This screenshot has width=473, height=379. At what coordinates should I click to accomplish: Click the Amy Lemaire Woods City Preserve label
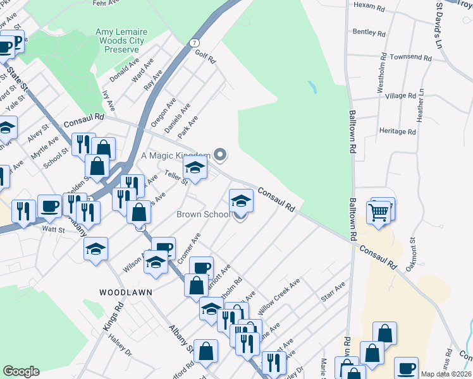pos(120,40)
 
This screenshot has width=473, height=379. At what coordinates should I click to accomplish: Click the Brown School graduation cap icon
pos(240,201)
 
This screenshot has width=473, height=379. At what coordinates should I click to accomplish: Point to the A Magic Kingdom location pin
pos(220,153)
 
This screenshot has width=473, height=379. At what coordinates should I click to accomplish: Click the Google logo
pos(21,371)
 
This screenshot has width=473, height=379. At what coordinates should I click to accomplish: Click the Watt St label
pos(54,229)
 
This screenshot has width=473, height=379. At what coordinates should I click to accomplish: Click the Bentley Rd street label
pos(369,32)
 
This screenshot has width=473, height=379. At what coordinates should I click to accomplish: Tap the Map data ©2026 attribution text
pos(445,374)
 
